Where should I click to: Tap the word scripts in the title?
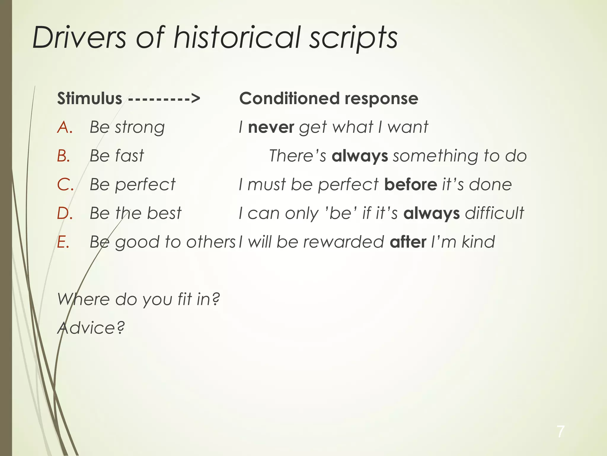[x=353, y=38]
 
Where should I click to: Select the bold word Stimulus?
[x=90, y=98]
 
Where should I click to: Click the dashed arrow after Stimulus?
[x=164, y=98]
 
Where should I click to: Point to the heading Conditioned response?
[x=328, y=98]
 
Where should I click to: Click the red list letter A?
[x=65, y=127]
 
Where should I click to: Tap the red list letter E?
[x=63, y=242]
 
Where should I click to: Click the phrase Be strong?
[x=127, y=127]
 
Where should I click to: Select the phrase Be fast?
[x=117, y=156]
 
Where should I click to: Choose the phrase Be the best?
[x=135, y=213]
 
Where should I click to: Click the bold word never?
[x=271, y=127]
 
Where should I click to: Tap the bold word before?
[x=410, y=184]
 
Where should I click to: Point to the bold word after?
[x=408, y=242]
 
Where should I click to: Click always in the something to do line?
[x=360, y=156]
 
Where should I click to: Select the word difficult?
[x=495, y=213]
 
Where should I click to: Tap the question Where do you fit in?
[x=138, y=299]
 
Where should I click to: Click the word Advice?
[x=91, y=328]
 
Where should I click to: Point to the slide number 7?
[x=560, y=431]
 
